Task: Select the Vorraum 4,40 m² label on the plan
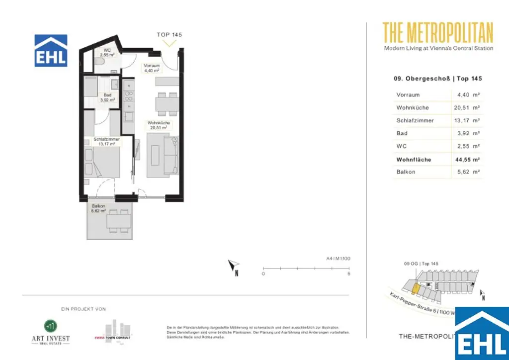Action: coord(151,68)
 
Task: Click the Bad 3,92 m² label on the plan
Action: coord(108,97)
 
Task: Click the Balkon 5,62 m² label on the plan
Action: coord(99,208)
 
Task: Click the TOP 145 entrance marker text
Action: coord(170,35)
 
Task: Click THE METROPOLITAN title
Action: coord(438,33)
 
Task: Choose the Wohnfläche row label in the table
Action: coord(414,160)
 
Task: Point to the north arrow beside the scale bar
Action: coord(234,268)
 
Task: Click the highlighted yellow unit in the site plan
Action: coord(416,287)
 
